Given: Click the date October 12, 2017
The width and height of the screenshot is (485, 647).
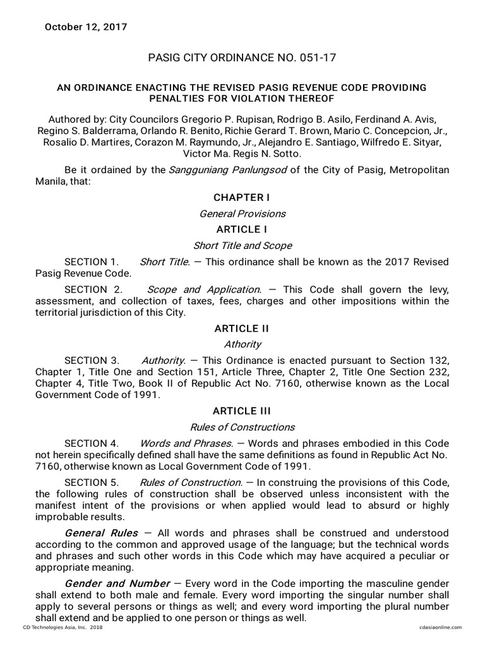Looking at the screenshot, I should click(x=85, y=27).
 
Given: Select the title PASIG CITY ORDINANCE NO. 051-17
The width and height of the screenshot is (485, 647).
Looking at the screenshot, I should click(x=242, y=57).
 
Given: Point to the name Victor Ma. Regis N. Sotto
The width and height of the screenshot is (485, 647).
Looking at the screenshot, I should click(x=242, y=154).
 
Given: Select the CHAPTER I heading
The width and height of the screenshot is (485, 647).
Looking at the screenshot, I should click(x=242, y=198).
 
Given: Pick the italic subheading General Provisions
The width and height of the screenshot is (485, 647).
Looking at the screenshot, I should click(x=242, y=214).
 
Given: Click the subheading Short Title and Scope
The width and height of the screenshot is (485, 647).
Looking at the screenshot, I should click(x=242, y=245).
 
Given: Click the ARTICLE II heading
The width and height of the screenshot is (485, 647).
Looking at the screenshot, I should click(x=242, y=329).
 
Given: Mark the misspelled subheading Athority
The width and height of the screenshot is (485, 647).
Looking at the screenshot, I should click(x=242, y=344).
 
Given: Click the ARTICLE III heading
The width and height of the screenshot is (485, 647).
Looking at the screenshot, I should click(x=242, y=411).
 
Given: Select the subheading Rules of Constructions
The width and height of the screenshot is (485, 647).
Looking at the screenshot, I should click(x=242, y=427).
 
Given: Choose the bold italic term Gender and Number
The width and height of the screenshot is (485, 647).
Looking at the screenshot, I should click(x=117, y=583).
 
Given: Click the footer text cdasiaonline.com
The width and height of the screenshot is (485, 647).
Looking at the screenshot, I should click(x=440, y=627).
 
